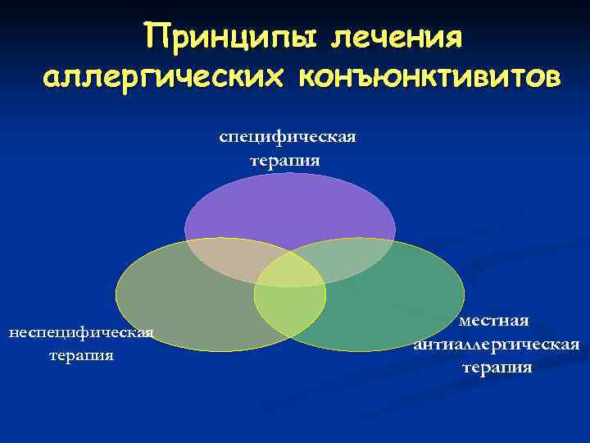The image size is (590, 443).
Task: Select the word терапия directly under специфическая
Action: coord(287,160)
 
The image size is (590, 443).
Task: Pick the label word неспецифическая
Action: coord(81,332)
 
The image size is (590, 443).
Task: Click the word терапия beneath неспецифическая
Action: coord(81,355)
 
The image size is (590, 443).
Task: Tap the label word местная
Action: coord(494,319)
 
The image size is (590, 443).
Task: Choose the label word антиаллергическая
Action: coord(497,344)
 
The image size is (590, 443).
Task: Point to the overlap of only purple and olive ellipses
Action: coord(225,261)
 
